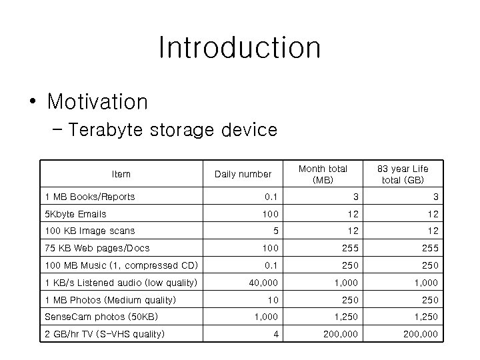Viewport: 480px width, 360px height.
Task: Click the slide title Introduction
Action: click(240, 48)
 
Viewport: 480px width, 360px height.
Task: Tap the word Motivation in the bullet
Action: click(97, 102)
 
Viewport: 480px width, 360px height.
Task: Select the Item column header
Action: click(121, 174)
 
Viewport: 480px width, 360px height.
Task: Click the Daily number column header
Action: click(243, 174)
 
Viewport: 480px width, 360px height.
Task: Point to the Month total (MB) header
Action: click(323, 174)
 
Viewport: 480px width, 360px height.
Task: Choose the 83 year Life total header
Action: click(403, 174)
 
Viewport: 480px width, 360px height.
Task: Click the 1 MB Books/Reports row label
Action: click(89, 197)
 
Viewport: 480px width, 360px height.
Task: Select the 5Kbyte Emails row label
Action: click(75, 214)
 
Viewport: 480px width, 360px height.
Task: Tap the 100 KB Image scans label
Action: click(89, 231)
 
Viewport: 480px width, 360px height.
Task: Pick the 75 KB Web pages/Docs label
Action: click(97, 249)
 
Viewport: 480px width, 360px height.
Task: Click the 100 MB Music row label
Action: click(120, 266)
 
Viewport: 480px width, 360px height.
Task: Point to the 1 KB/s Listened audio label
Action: click(120, 283)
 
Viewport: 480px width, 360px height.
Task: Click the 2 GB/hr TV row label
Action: click(103, 334)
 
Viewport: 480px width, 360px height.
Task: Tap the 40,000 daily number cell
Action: click(263, 283)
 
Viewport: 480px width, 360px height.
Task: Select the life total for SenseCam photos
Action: click(426, 317)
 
